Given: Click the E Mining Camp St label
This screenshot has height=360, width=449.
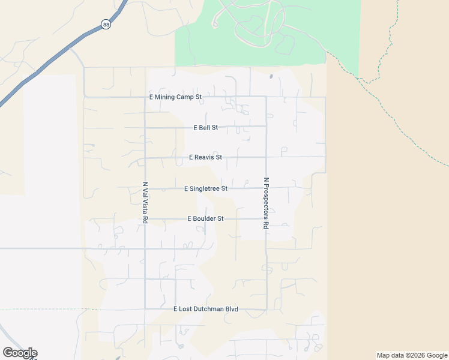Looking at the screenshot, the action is (x=176, y=97).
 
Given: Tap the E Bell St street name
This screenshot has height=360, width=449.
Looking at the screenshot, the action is (x=206, y=128).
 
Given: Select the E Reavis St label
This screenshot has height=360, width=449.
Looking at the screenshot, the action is (x=205, y=157).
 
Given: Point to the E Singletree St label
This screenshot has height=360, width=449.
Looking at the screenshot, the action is (x=206, y=188).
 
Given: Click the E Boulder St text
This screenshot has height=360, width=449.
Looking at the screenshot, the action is (x=205, y=219).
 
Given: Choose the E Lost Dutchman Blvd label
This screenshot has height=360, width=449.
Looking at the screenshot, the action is (x=206, y=309).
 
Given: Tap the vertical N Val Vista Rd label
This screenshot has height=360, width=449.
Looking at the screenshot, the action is (x=145, y=203).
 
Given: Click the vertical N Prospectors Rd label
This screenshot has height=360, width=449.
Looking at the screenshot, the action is (x=266, y=203).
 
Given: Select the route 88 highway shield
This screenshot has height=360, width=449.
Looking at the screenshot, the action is (x=106, y=25).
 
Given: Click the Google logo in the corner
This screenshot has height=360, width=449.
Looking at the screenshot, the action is (x=20, y=353).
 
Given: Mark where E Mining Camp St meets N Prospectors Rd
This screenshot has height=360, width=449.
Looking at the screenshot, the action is (x=266, y=97).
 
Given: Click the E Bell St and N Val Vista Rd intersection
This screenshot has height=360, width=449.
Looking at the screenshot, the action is (x=145, y=127).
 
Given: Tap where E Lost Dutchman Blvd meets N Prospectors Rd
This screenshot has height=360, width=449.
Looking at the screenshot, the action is (x=266, y=310).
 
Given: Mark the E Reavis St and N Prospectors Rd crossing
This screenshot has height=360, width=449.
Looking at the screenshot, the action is (x=266, y=157).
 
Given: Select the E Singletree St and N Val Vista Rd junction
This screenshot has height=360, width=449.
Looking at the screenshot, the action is (x=145, y=188).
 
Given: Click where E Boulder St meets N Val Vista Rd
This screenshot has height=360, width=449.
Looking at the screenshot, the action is (x=145, y=219).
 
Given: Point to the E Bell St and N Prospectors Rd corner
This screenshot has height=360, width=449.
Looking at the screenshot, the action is (x=266, y=127).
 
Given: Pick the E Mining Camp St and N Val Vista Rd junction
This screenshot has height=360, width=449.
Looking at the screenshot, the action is (x=145, y=97).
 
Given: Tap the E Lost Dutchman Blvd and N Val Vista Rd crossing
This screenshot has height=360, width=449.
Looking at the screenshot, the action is (x=145, y=309).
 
